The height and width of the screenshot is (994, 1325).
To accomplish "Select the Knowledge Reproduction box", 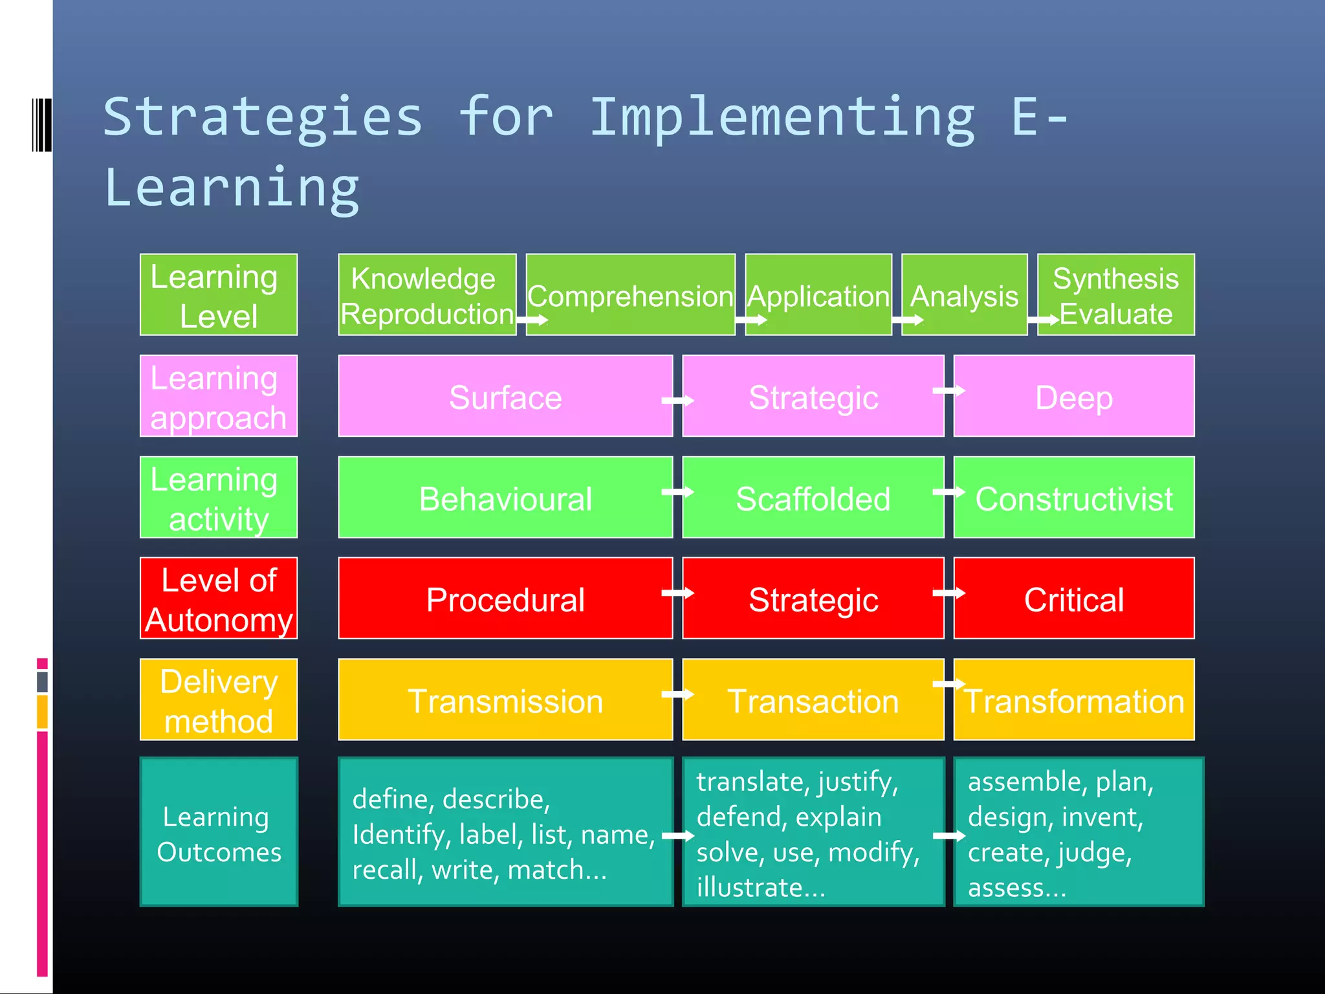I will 426,295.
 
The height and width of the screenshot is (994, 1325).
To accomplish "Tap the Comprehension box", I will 630,295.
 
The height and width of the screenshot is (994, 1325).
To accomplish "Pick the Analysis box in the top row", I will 964,295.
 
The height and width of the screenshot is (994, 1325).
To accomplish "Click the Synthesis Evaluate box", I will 1115,295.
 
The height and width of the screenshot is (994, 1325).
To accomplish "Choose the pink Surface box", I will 505,396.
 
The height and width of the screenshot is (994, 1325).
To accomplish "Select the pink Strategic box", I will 813,396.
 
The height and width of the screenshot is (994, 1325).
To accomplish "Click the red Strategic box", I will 813,599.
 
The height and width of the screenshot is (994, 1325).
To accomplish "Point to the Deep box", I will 1073,396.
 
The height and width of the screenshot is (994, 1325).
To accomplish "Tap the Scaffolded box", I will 813,498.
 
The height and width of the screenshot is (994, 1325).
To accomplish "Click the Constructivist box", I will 1073,498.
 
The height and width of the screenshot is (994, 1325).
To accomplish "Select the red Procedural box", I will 505,599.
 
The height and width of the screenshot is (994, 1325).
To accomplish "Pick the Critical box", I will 1073,599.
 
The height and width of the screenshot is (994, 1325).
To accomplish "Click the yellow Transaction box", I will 813,700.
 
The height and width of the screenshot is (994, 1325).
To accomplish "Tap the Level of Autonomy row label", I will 219,599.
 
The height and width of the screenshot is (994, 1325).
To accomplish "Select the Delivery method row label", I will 219,700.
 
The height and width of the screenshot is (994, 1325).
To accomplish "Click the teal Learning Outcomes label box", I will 219,832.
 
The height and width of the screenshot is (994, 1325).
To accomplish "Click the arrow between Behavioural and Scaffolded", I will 677,492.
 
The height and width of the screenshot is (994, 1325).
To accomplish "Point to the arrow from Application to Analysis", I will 907,320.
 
